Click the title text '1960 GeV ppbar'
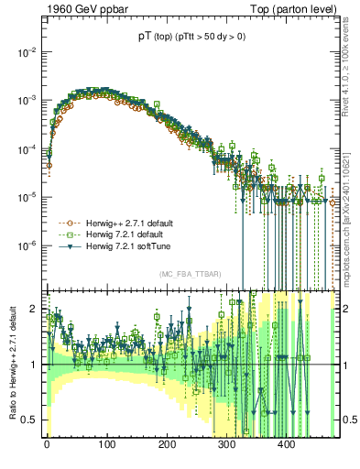pyautogui.click(x=81, y=10)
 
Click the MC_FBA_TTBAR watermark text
pyautogui.click(x=189, y=275)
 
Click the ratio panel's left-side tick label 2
pyautogui.click(x=35, y=309)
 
